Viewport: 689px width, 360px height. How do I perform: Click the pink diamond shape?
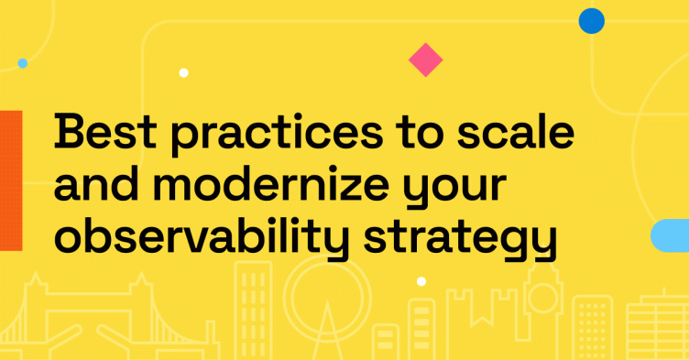point(425,60)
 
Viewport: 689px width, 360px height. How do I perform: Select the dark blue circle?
point(592,20)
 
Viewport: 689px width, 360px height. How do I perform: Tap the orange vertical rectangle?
point(10,180)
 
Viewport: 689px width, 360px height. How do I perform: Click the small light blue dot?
point(22,63)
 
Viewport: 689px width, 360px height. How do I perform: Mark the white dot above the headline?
point(183,72)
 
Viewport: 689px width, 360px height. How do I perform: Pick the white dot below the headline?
point(421,281)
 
